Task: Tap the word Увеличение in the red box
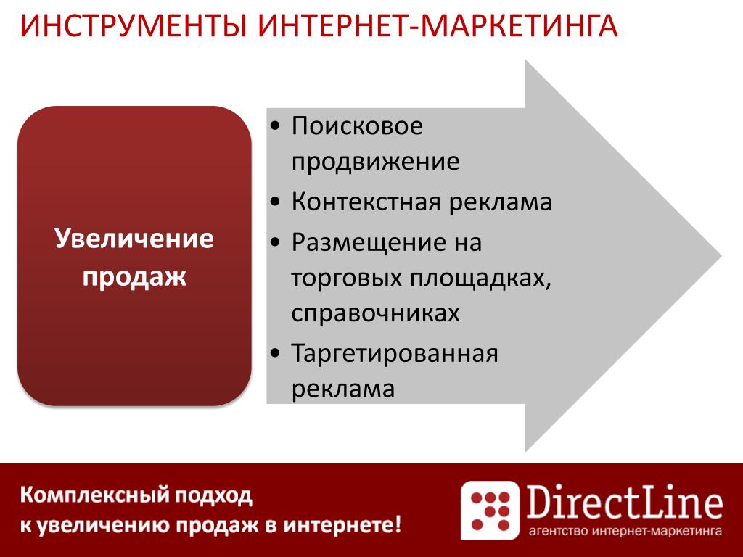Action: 134,238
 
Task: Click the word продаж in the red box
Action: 134,276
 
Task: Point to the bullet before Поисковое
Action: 275,126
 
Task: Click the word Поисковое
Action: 357,126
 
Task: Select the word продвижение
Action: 375,162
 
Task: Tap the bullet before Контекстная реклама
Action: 275,202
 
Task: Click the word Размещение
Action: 363,243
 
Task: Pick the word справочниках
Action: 375,313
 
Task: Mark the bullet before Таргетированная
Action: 275,353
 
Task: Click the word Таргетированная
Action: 395,354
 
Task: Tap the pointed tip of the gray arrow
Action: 721,256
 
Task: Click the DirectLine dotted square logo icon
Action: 490,510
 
